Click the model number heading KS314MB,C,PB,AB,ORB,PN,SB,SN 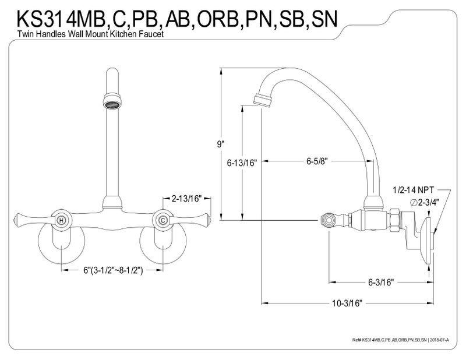178,19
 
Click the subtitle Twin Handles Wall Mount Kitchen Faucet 90,34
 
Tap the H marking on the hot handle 61,221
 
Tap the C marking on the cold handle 163,221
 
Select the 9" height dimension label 220,144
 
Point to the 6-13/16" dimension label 242,163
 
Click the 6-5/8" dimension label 317,161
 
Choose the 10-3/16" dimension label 347,303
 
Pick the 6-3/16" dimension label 381,282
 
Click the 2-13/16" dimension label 186,198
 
